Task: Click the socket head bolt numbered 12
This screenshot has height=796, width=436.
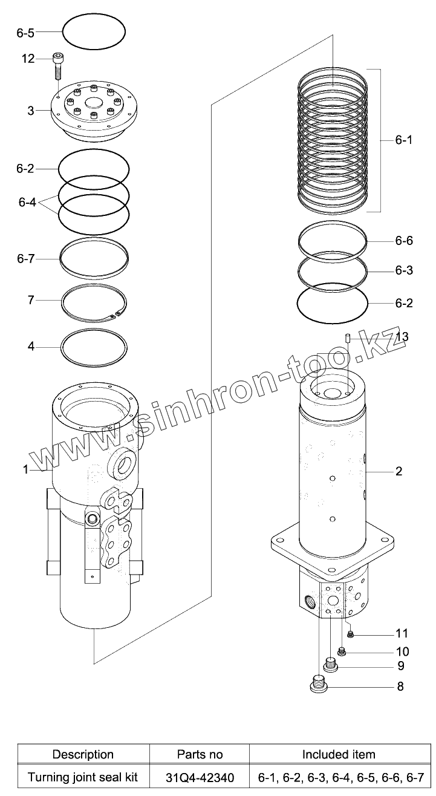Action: click(x=57, y=66)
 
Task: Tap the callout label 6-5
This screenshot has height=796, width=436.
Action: click(x=25, y=33)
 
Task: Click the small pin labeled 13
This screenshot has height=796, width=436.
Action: click(x=348, y=338)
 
